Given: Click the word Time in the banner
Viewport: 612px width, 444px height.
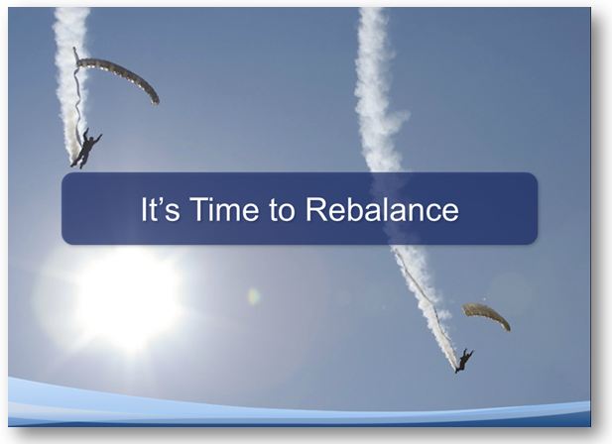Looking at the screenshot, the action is (224, 209).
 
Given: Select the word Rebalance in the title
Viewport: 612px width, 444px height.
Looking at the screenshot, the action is (382, 209).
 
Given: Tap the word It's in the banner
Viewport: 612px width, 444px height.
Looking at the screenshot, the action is (160, 209).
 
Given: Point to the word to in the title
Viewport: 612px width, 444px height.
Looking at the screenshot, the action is (282, 210).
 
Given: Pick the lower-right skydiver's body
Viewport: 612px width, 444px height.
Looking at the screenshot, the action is (463, 361).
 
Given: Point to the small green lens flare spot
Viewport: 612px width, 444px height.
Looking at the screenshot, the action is (254, 296).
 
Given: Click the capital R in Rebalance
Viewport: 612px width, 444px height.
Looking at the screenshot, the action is (316, 209).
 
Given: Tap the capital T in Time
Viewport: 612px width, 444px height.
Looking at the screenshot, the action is (199, 209).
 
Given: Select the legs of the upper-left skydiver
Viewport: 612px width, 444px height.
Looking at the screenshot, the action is (77, 161).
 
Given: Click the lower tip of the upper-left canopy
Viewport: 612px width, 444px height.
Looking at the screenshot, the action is (156, 102).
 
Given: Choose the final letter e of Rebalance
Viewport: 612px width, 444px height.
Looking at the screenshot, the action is (450, 212).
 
